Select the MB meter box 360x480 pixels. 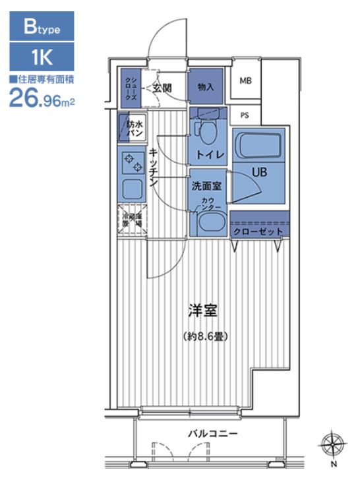point(245,82)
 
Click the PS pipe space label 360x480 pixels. point(245,115)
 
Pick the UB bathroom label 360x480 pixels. point(258,172)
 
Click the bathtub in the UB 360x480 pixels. point(258,144)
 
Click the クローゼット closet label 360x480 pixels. point(259,232)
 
